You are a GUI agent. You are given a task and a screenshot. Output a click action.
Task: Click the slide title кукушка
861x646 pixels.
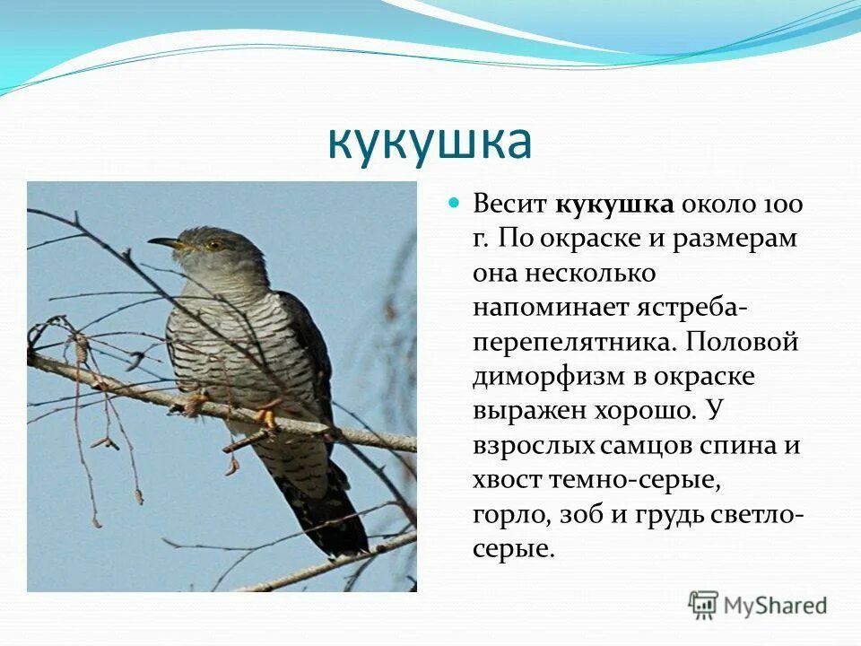click(x=430, y=141)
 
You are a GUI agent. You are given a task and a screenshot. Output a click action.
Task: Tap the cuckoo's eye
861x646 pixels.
click(x=214, y=243)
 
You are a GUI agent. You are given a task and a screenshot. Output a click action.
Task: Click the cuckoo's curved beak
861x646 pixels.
click(x=164, y=242)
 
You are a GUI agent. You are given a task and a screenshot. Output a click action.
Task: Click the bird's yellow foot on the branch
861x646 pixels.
click(x=266, y=415)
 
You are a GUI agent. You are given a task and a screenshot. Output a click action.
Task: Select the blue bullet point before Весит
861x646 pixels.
click(x=454, y=203)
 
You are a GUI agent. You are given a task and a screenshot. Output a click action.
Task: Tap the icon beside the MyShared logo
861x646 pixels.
click(x=703, y=605)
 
